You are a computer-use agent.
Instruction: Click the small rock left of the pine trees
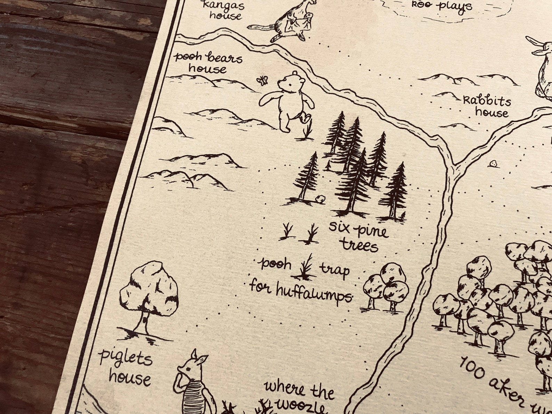(320, 199)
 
